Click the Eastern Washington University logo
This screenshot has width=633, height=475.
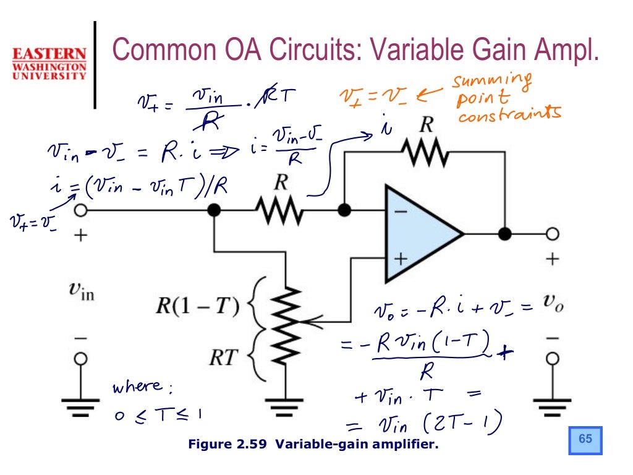(49, 62)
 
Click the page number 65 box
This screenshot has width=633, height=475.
(585, 439)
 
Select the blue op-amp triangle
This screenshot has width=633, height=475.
(420, 234)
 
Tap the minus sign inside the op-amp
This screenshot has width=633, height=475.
(401, 212)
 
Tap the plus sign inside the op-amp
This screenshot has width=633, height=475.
(401, 259)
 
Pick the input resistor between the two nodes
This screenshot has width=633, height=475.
(279, 211)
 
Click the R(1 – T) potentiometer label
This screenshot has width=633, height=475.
(197, 306)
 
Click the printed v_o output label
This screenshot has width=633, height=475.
(552, 302)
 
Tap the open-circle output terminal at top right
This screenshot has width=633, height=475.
(553, 234)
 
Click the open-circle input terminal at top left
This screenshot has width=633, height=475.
(80, 211)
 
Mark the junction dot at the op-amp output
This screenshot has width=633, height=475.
(506, 234)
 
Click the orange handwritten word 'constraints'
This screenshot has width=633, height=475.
(510, 114)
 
